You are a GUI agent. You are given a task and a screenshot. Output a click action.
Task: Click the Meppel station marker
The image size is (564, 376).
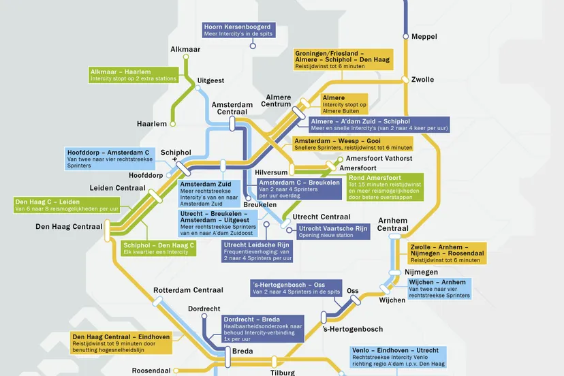(x=406, y=36)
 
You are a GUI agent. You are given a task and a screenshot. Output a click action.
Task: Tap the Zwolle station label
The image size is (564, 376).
(x=422, y=80)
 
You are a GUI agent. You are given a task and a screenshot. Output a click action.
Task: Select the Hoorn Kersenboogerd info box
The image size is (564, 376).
(x=239, y=30)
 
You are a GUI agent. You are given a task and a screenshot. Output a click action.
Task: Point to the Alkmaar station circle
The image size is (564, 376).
(x=186, y=57)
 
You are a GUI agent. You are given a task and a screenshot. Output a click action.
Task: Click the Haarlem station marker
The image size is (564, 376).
(x=172, y=124)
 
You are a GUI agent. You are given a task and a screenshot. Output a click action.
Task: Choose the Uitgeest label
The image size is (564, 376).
(x=210, y=80)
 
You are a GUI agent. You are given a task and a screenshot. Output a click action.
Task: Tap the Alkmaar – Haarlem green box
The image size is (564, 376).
(x=134, y=75)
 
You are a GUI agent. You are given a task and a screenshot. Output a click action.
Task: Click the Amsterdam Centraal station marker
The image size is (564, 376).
(x=232, y=124)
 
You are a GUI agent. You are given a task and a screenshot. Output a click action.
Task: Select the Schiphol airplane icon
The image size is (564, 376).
(x=175, y=159)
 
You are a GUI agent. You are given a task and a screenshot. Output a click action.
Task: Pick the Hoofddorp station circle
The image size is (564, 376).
(x=169, y=175)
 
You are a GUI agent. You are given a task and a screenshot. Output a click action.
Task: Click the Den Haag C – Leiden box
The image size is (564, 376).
(x=67, y=205)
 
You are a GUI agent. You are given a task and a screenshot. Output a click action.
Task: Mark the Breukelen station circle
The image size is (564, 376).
(x=248, y=198)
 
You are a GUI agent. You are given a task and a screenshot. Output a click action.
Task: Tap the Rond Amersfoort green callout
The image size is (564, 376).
(x=386, y=187)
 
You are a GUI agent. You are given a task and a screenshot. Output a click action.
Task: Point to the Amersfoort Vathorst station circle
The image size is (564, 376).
(x=341, y=159)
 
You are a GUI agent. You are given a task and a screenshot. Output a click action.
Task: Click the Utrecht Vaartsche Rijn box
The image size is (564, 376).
(x=333, y=232)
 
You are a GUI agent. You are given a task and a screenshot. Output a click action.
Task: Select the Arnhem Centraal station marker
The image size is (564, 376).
(x=394, y=236)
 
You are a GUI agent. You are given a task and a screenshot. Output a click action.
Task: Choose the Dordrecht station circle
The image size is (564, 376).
(x=204, y=316)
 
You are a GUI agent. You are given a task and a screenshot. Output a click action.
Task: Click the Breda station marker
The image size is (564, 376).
(x=228, y=357)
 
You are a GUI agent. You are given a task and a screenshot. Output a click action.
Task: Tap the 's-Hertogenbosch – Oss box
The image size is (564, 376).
(x=296, y=288)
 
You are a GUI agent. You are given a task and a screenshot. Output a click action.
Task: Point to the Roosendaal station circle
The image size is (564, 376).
(x=176, y=371)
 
